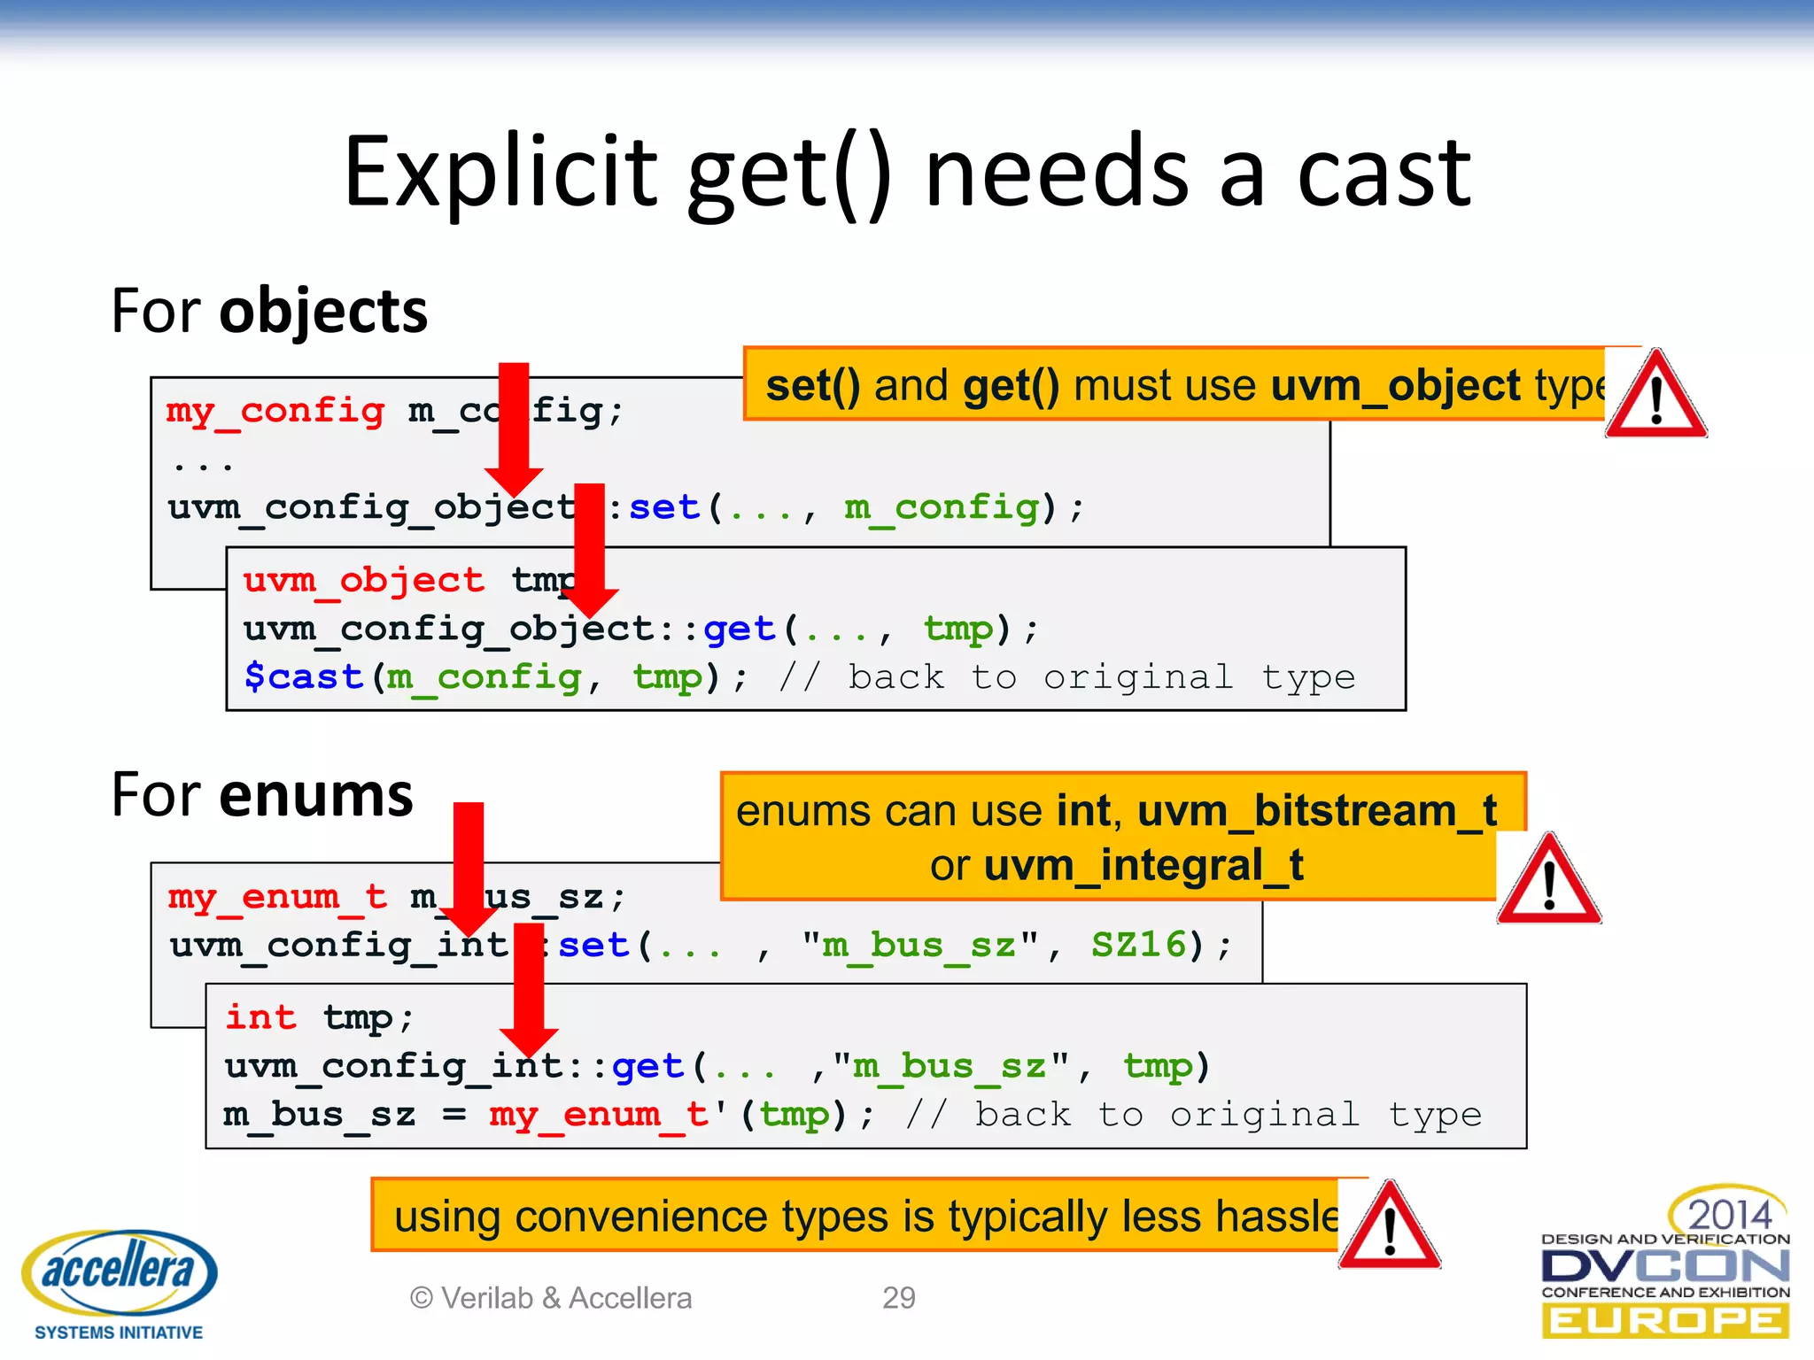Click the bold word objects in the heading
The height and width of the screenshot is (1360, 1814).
point(323,312)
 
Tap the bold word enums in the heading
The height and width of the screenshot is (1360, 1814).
point(316,794)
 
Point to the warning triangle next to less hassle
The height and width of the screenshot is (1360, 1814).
point(1389,1227)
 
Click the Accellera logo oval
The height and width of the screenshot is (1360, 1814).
point(120,1271)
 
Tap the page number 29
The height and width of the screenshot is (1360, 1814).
point(898,1297)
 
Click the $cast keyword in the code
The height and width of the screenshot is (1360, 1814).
point(304,676)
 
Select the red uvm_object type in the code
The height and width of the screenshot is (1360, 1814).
point(363,580)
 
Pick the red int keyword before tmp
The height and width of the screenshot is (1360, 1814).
point(260,1017)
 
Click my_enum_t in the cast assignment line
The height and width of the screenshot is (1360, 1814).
point(599,1114)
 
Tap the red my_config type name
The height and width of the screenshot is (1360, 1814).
point(275,411)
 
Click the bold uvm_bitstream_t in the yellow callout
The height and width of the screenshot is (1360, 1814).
point(1316,811)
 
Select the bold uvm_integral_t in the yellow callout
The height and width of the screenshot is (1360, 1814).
point(1143,865)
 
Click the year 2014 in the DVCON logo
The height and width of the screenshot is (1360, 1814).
point(1728,1214)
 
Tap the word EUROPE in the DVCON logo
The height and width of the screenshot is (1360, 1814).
point(1665,1321)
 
